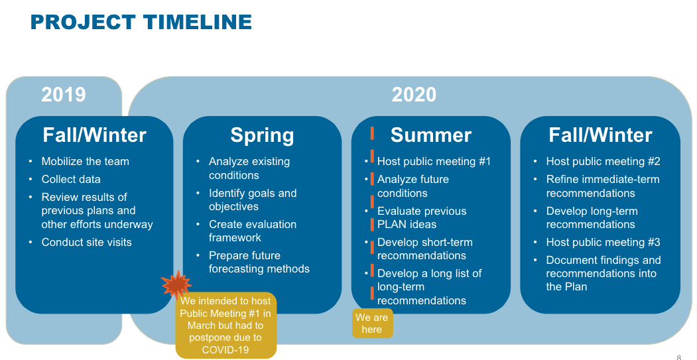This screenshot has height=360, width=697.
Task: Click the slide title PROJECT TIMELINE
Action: [141, 23]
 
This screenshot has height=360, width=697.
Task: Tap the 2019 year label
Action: [64, 95]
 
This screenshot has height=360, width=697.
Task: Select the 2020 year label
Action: [414, 95]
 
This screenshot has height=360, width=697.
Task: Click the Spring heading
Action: [262, 135]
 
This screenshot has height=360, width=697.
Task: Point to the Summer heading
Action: [431, 135]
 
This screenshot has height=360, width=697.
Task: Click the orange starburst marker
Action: [176, 284]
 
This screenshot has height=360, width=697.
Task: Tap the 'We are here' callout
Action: [373, 323]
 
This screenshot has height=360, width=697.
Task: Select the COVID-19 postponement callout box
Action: [226, 326]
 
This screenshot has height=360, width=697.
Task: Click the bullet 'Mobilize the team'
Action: [86, 161]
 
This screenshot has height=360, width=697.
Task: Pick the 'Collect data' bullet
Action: [71, 179]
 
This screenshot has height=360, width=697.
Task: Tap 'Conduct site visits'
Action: [87, 242]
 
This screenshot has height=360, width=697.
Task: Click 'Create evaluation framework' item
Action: [253, 231]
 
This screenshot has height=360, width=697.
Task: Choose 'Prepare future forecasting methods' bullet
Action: [259, 263]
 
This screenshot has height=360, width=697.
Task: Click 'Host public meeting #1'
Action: [434, 161]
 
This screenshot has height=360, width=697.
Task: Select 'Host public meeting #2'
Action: [603, 161]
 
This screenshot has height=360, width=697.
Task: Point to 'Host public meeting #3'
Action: [603, 242]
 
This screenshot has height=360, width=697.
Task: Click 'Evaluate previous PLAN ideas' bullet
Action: [422, 217]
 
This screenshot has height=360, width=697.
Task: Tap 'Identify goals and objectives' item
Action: [253, 200]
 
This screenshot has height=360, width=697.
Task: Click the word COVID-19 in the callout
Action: [225, 350]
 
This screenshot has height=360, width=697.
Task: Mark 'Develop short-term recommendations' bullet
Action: [425, 249]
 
